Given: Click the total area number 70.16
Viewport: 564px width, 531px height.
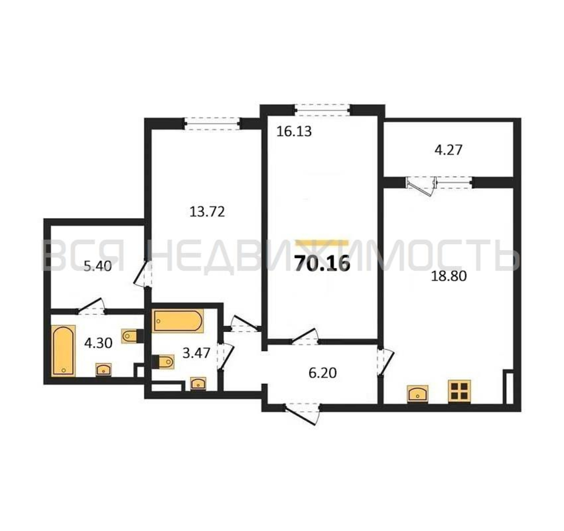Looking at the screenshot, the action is point(322,263).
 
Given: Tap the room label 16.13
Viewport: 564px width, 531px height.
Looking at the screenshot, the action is point(294,131).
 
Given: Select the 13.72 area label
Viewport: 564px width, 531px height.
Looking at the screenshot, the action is point(207,211).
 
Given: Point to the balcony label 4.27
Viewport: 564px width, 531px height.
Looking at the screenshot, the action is point(449,150).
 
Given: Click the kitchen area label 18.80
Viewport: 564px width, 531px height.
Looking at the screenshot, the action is point(449,276).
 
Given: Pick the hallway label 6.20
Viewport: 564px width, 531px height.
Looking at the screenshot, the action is point(322,373).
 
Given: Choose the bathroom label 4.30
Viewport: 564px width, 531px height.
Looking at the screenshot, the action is point(98,343).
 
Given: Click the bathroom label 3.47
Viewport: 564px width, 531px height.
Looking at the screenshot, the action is point(196,353).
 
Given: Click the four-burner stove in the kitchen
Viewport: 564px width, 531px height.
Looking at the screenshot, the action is point(459,391).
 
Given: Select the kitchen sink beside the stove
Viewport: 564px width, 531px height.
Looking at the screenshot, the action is point(417,394).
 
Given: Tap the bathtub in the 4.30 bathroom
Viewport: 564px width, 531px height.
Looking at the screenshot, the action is point(63,351).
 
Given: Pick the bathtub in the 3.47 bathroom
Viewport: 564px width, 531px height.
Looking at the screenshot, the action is point(178,321).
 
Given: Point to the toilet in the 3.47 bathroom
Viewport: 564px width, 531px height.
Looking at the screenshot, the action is point(163,362).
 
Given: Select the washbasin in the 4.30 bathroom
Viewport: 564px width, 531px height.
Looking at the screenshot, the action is point(103,370).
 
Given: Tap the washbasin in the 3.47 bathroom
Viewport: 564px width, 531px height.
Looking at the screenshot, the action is point(198,384).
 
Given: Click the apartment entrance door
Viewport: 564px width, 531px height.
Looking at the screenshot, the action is point(303,415).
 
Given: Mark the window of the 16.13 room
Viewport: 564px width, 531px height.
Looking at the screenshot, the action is point(322,110).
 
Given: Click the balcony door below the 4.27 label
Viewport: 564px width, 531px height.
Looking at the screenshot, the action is point(421,186).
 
